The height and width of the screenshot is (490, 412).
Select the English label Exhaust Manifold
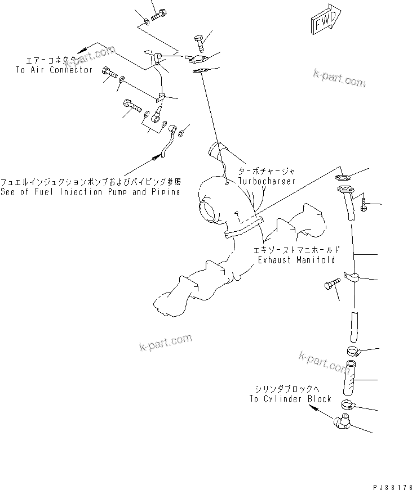click(x=296, y=259)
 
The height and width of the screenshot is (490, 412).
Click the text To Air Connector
click(x=54, y=70)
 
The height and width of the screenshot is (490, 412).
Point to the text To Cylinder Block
click(x=290, y=398)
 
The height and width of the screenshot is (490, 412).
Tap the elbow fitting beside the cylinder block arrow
click(x=341, y=421)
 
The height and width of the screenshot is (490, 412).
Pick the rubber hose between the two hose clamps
click(x=349, y=380)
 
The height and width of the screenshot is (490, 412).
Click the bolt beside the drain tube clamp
click(x=331, y=284)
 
